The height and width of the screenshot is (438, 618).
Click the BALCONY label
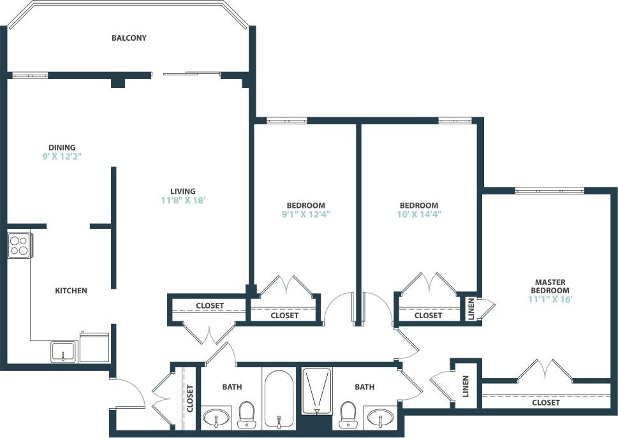coord(129,38)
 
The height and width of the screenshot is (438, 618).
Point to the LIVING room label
coord(182,191)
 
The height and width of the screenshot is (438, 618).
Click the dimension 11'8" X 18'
coord(182,200)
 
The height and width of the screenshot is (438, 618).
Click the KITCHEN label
coord(71,291)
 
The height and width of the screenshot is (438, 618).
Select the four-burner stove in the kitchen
coord(19,245)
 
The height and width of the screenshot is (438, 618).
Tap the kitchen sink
coord(63,351)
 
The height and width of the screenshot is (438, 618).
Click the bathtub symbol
coord(278,398)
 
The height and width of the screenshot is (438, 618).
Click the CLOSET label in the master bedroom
coord(545,403)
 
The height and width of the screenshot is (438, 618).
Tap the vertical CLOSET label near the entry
coord(189,398)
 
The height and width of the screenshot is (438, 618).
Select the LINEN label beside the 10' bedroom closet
coord(471,309)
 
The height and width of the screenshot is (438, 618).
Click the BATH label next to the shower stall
coord(365,387)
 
